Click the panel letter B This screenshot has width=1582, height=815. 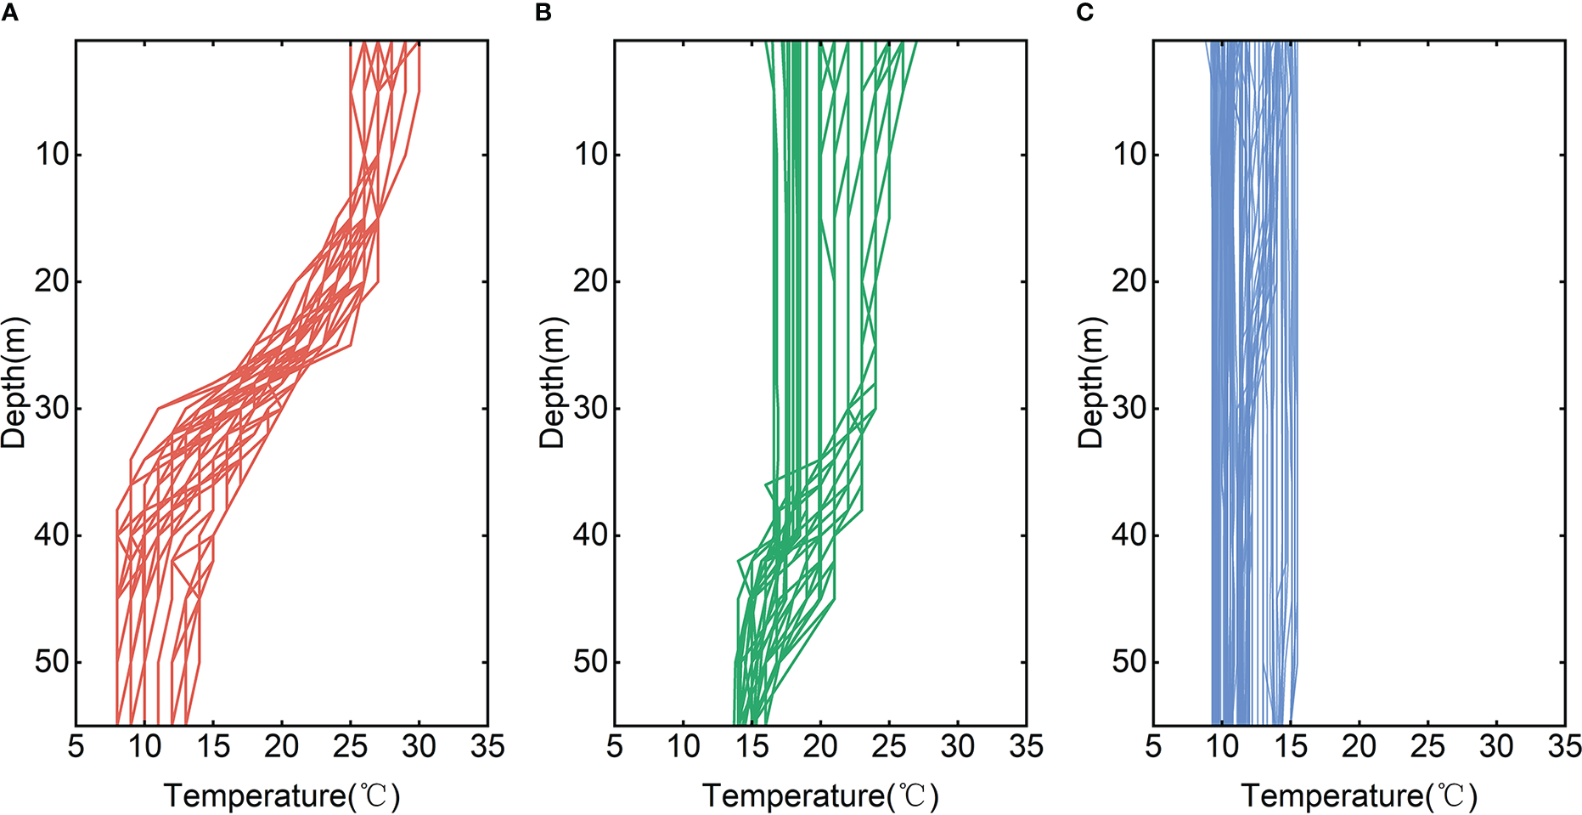click(x=543, y=12)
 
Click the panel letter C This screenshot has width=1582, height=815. click(x=1084, y=12)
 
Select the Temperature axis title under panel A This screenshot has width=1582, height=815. click(x=281, y=796)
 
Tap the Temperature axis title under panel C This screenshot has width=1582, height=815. click(x=1359, y=796)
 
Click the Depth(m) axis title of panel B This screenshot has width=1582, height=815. click(x=553, y=382)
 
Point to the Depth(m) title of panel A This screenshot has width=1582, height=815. click(x=14, y=382)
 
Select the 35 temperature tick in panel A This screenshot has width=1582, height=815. click(x=487, y=747)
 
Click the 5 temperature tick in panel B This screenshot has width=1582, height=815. click(x=615, y=747)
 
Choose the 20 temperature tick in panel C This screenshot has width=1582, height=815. click(x=1359, y=747)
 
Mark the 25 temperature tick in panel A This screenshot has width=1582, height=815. click(x=350, y=747)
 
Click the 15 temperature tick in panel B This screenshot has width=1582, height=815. click(x=752, y=747)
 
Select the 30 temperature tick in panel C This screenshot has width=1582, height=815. click(x=1496, y=747)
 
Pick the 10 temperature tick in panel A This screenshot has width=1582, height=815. click(x=144, y=747)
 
